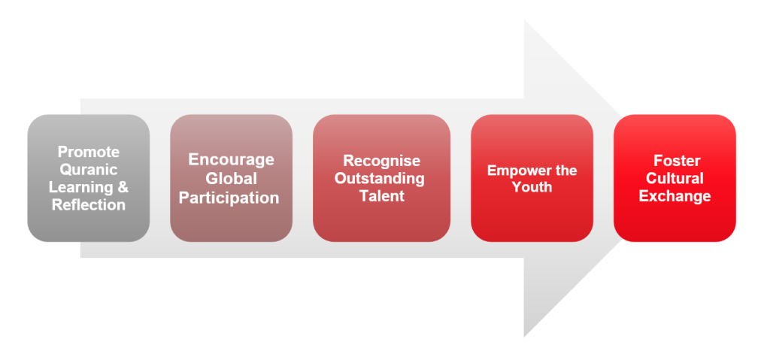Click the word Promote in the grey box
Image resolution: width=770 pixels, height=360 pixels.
(89, 152)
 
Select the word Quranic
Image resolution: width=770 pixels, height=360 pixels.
(89, 169)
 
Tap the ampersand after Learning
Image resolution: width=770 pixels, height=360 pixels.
(123, 187)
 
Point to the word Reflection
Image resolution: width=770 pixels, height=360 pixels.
(89, 205)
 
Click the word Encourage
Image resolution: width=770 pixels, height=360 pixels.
(232, 159)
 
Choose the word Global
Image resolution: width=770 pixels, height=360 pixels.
(232, 178)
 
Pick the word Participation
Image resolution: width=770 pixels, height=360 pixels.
(229, 198)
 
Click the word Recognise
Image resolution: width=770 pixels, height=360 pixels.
(381, 161)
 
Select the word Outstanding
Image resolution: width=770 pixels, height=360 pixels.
(380, 178)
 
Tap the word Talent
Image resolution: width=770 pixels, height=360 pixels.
(382, 196)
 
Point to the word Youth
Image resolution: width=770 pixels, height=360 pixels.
(532, 187)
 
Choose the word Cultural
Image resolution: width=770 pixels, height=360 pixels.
(675, 178)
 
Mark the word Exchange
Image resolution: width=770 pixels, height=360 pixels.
(675, 196)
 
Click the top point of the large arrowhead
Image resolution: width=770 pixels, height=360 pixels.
(524, 20)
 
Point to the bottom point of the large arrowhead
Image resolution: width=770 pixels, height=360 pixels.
(524, 337)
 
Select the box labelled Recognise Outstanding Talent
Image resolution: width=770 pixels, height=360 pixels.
(381, 178)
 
